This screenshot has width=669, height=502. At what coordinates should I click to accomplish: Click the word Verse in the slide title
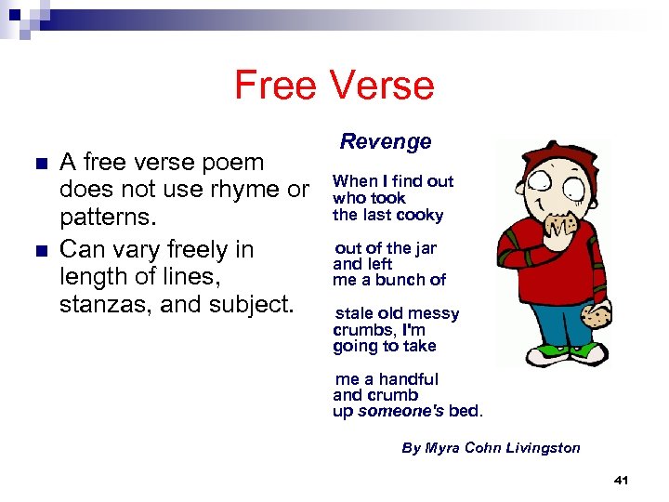(x=387, y=86)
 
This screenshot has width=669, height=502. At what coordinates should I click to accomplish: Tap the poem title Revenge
(x=386, y=142)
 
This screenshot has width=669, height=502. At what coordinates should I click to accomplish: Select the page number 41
(x=622, y=480)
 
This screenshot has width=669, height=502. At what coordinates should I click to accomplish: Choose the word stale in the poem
(x=353, y=314)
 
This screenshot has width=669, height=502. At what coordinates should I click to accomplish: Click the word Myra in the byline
(x=443, y=448)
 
